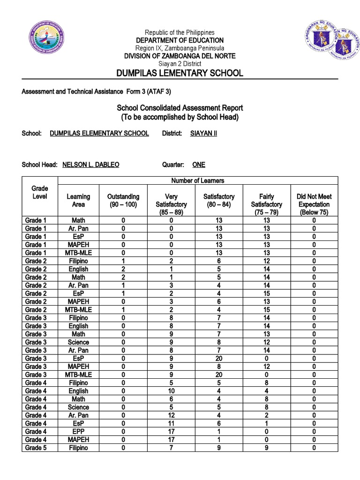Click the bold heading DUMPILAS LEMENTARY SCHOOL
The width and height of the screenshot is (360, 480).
pyautogui.click(x=180, y=73)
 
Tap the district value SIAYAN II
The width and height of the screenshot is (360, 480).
pyautogui.click(x=203, y=133)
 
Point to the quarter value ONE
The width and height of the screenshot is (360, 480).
pyautogui.click(x=199, y=165)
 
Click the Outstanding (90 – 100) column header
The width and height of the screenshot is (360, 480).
pyautogui.click(x=123, y=201)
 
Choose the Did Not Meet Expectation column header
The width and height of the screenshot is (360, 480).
pyautogui.click(x=314, y=204)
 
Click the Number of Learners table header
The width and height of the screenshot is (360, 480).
pyautogui.click(x=197, y=180)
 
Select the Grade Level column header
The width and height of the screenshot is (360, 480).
pyautogui.click(x=40, y=192)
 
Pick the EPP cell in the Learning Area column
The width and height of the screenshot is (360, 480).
pyautogui.click(x=78, y=431)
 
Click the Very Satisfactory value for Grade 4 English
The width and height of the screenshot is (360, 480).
pyautogui.click(x=171, y=391)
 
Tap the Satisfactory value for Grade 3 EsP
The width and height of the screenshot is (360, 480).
pyautogui.click(x=219, y=358)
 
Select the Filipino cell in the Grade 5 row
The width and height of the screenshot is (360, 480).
pyautogui.click(x=78, y=448)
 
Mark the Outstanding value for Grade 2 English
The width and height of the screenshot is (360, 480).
pyautogui.click(x=123, y=269)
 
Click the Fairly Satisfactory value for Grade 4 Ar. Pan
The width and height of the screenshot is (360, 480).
pyautogui.click(x=266, y=415)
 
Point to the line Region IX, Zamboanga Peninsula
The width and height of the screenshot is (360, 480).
pyautogui.click(x=180, y=48)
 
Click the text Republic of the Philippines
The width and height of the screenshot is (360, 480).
pyautogui.click(x=180, y=32)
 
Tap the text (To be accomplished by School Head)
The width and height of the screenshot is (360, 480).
pyautogui.click(x=180, y=117)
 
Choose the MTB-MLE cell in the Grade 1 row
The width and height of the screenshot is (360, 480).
pyautogui.click(x=78, y=253)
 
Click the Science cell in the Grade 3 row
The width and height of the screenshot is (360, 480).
pyautogui.click(x=78, y=342)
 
